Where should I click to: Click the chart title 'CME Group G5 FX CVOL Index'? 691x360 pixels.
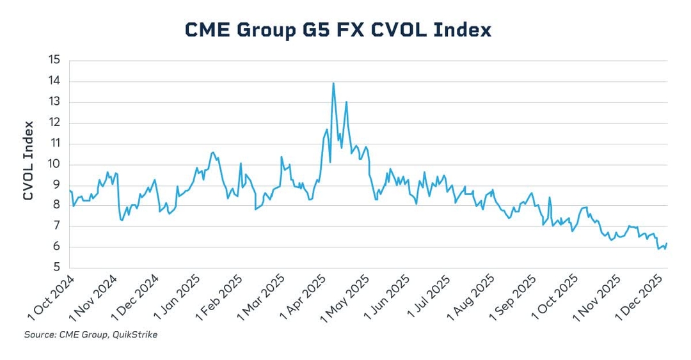[338, 29]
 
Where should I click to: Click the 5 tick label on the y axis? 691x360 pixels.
[56, 268]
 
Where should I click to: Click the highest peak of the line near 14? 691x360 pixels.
[333, 82]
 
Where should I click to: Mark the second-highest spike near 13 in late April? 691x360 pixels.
[346, 102]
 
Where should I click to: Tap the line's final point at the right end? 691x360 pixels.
[667, 243]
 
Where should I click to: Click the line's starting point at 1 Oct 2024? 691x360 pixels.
[69, 191]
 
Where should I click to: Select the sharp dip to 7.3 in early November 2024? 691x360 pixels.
[122, 220]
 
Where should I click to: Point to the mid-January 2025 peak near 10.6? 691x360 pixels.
[212, 152]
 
